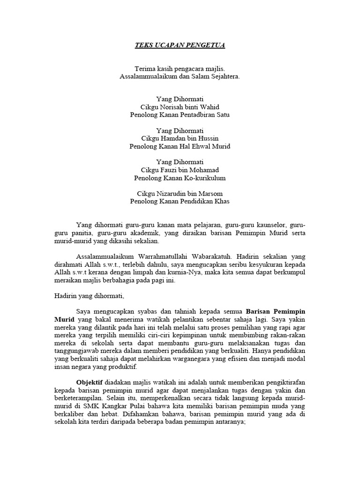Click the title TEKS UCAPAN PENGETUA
(x=180, y=45)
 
